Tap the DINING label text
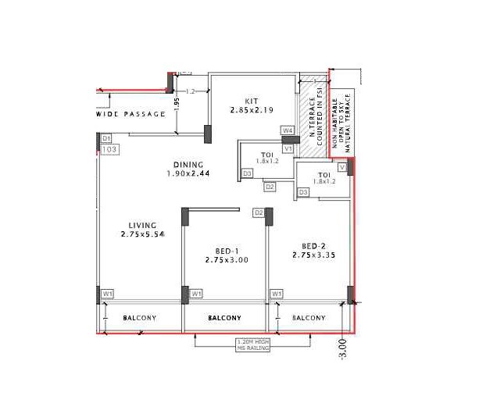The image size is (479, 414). coord(188,165)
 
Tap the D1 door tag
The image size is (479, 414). coord(107,138)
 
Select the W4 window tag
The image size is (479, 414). coord(288,130)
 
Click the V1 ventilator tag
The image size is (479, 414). coord(288,148)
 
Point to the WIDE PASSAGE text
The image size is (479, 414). coord(131,115)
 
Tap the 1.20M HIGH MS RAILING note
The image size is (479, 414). coord(254,344)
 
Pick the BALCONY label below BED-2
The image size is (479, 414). coord(309,318)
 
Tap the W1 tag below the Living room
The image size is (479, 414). coord(109,294)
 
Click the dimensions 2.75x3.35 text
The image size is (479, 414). coord(314,255)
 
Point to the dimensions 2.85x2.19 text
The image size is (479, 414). coord(252,111)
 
